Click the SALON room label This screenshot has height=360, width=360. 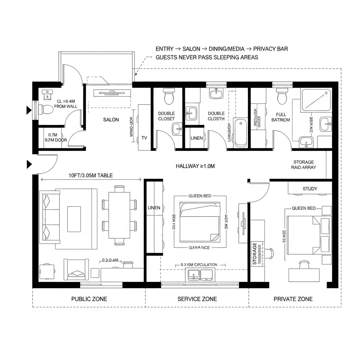coord(111,120)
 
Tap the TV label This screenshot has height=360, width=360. coord(144,138)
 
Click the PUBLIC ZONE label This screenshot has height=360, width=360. coord(89,299)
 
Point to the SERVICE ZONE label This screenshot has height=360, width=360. coord(197,299)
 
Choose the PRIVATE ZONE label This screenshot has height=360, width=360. coord(293,299)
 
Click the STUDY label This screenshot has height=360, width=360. coord(310,189)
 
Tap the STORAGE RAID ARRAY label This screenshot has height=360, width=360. coord(303,165)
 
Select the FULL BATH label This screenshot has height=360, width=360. coord(281,117)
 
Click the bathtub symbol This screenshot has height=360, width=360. coord(241,133)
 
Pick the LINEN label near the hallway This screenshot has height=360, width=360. coord(197,138)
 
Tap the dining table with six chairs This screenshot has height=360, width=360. coord(119,215)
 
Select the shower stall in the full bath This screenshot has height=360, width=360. coord(316,99)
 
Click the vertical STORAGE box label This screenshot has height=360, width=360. coord(255,253)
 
